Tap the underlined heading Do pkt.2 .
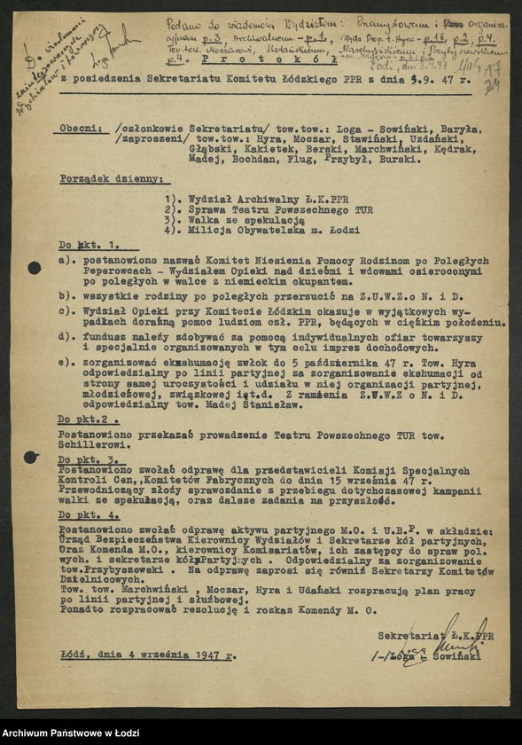coord(88,417)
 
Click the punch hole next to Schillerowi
coord(32,457)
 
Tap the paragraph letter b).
coord(66,292)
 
